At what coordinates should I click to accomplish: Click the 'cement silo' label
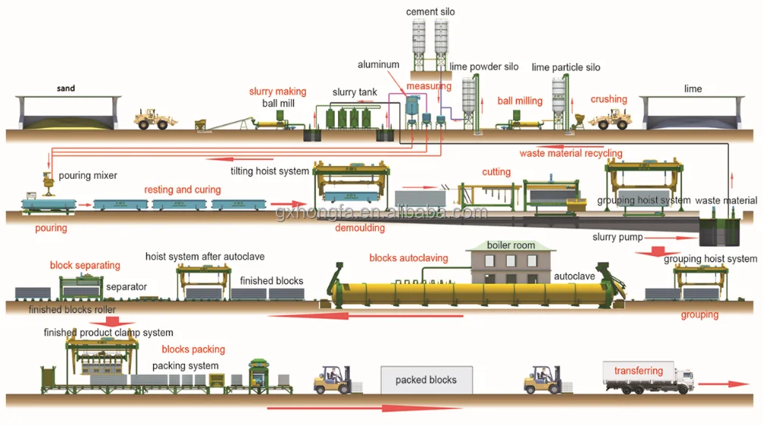point(430,11)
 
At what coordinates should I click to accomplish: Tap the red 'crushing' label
point(608,99)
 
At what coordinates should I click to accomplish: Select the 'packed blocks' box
point(427,380)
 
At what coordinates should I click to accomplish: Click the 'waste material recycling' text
point(571,153)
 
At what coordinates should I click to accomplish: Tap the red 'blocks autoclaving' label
point(408,258)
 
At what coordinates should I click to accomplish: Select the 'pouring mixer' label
point(88,176)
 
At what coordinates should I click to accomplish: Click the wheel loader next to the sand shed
point(155,119)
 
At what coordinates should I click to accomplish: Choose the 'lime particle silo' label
point(566,67)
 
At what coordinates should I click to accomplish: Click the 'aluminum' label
point(378,64)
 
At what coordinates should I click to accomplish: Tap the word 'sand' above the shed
point(66,88)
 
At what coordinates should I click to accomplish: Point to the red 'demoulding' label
point(360,227)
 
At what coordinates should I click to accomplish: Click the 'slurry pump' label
point(618,237)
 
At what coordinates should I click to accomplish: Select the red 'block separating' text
point(85,265)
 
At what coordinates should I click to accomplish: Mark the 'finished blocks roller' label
point(72,309)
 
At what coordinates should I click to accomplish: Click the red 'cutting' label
point(496,172)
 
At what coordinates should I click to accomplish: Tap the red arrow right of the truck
point(724,383)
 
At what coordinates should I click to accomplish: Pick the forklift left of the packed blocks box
point(333,380)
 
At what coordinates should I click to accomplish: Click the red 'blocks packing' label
point(193,349)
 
